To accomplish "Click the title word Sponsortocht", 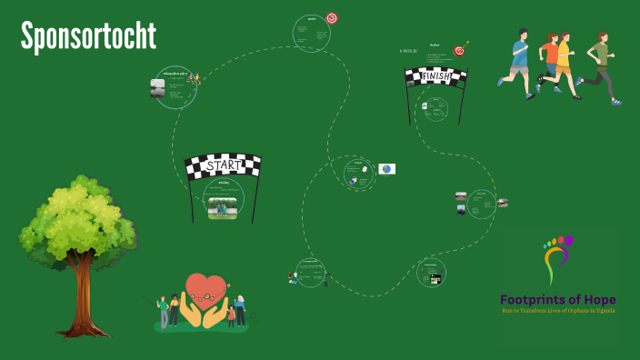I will point(89,36).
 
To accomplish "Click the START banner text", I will point(223,166).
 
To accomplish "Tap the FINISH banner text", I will point(435,77).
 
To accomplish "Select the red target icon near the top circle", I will point(332,18).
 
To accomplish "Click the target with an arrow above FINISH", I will point(460,50).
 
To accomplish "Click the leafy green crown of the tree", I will point(77,218).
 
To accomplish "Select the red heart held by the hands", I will point(205,288).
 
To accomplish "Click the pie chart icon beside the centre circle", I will point(386,169).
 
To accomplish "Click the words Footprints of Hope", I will point(557,299).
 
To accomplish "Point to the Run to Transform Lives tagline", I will point(557,311).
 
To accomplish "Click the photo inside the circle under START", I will point(223,207).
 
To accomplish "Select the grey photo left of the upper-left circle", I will point(158,87).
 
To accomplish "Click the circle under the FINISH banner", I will point(435,109).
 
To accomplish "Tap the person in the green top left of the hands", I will point(165,309).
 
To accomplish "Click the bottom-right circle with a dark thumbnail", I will point(431,274).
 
